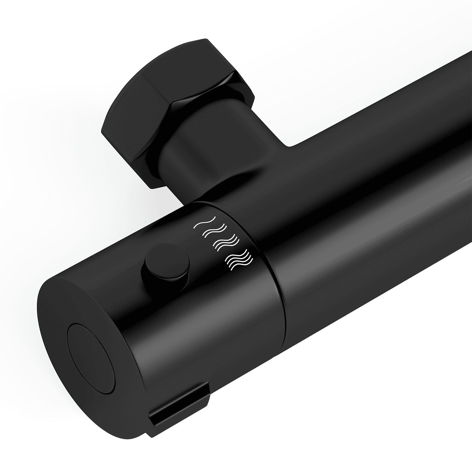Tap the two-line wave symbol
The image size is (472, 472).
point(214,231)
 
